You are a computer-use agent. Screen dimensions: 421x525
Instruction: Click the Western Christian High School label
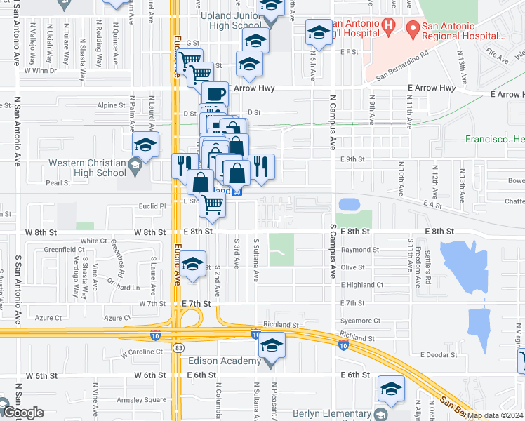coord(87,168)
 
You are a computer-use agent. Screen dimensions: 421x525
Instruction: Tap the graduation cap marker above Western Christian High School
coord(145,145)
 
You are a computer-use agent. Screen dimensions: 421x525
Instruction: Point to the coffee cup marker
coord(215,93)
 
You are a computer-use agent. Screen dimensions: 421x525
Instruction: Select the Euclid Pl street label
coord(152,207)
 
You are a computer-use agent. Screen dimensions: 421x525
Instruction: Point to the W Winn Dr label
coord(39,71)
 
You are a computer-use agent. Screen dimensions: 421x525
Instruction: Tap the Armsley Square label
coord(146,400)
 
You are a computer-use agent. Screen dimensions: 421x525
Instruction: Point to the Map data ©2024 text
coord(495,415)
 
